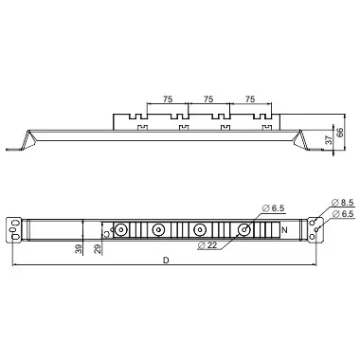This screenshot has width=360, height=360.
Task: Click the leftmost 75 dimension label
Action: point(168,99)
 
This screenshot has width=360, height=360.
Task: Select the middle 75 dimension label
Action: point(208,99)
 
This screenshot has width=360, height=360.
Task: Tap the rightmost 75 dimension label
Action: point(250,99)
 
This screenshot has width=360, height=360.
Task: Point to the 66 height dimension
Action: point(340,133)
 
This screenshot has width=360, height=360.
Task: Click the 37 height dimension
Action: point(329,139)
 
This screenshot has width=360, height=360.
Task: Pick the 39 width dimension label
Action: point(79,249)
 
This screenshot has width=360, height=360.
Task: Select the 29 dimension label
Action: point(99,249)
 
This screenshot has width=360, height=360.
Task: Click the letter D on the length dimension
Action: point(166,261)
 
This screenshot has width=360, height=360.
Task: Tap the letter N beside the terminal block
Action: point(284,230)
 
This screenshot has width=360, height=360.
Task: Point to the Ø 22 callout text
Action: point(207,244)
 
